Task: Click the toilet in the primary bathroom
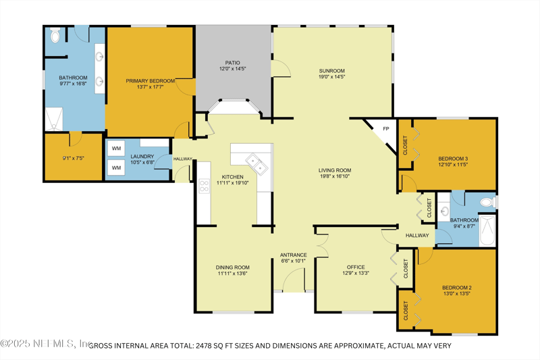55,34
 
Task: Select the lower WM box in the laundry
116,167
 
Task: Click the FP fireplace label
385,129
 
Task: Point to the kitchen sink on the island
257,161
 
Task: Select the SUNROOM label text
332,71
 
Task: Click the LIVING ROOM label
335,171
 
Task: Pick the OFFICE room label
356,267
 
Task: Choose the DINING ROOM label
233,267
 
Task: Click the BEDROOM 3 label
452,159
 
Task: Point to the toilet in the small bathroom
486,202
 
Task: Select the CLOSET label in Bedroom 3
405,145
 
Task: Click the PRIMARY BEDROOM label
150,81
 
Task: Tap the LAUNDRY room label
142,157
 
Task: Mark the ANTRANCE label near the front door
294,255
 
